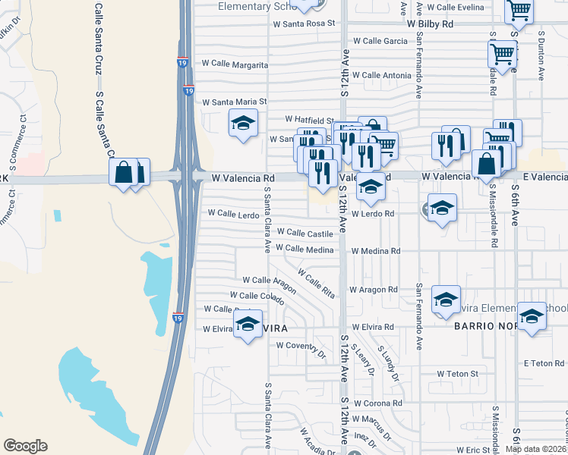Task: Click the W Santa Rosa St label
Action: pyautogui.click(x=304, y=24)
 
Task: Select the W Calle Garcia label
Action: pyautogui.click(x=380, y=41)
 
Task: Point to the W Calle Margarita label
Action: pyautogui.click(x=235, y=66)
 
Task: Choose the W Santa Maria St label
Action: pyautogui.click(x=235, y=101)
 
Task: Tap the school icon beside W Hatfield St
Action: pyautogui.click(x=243, y=124)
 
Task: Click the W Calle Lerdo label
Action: pyautogui.click(x=233, y=214)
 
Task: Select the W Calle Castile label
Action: pyautogui.click(x=305, y=233)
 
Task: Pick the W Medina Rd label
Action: pyautogui.click(x=374, y=251)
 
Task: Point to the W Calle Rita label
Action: pyautogui.click(x=316, y=283)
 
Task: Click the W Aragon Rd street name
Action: pyautogui.click(x=374, y=290)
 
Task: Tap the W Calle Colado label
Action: pyautogui.click(x=257, y=295)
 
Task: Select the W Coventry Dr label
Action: pyautogui.click(x=301, y=345)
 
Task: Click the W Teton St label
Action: pyautogui.click(x=457, y=374)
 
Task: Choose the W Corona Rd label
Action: pyautogui.click(x=377, y=403)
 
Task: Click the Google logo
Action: pyautogui.click(x=25, y=446)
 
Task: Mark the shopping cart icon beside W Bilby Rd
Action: pyautogui.click(x=519, y=11)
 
